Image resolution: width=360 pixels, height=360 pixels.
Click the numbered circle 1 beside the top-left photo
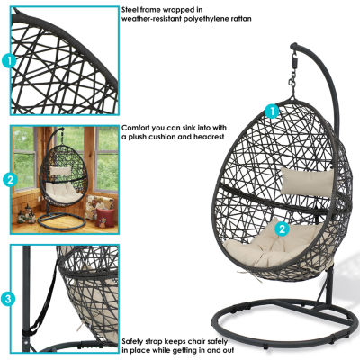8,61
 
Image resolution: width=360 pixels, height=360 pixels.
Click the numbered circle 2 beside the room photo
10,180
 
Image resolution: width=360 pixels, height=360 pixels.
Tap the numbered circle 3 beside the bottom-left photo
8,299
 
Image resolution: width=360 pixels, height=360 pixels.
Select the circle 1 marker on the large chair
272,112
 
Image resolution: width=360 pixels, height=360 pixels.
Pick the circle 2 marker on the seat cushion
282,229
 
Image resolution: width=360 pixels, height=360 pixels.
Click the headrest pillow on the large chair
308,181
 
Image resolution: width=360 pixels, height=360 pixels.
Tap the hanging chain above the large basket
292,85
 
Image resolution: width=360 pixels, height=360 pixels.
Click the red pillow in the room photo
104,217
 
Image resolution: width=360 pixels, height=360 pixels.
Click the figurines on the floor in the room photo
26,214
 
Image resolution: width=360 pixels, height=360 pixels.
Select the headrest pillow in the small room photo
60,170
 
